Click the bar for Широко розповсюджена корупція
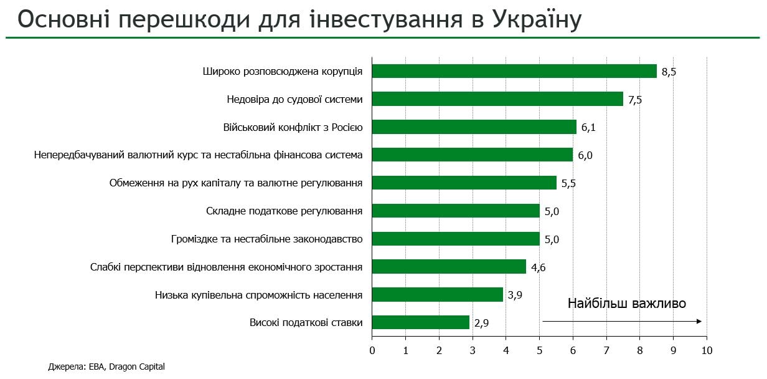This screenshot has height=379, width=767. point(514,71)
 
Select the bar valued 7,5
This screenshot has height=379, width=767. point(497,99)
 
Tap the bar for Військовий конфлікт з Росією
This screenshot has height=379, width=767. point(474,127)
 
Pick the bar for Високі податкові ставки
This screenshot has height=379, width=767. point(420,322)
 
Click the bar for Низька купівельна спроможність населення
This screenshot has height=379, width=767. point(437,295)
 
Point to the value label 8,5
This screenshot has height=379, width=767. point(669,72)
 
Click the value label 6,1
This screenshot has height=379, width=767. point(588,128)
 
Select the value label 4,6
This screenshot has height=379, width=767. point(538,267)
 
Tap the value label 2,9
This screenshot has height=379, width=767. point(481,323)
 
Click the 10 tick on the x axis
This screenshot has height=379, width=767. point(707,350)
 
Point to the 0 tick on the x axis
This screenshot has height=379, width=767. point(372,350)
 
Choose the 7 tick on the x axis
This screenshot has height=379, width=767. point(606,350)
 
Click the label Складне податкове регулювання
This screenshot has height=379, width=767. point(284,211)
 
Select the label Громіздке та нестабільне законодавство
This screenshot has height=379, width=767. point(266,239)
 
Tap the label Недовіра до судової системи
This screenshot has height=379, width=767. point(294,100)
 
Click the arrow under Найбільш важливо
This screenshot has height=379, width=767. point(622,322)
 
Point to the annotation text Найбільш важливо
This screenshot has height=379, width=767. point(626,304)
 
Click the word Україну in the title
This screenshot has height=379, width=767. point(537,19)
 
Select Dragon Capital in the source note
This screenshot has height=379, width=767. point(137,367)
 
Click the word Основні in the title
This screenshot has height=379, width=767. point(64,19)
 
